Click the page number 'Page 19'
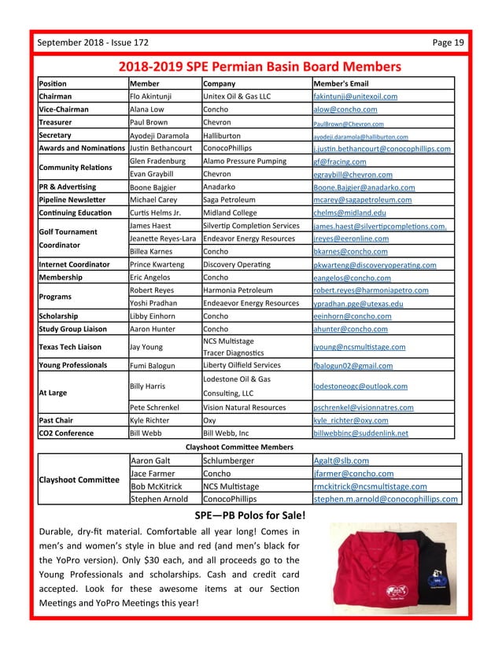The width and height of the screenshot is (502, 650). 448,42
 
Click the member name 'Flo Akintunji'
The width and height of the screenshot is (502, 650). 155,97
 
